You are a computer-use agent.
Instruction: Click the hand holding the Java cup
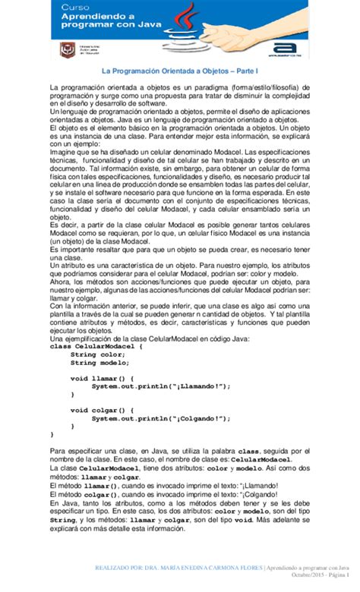pos(251,46)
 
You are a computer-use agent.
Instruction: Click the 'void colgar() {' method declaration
pos(102,409)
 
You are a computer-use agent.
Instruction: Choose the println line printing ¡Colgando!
pos(159,417)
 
